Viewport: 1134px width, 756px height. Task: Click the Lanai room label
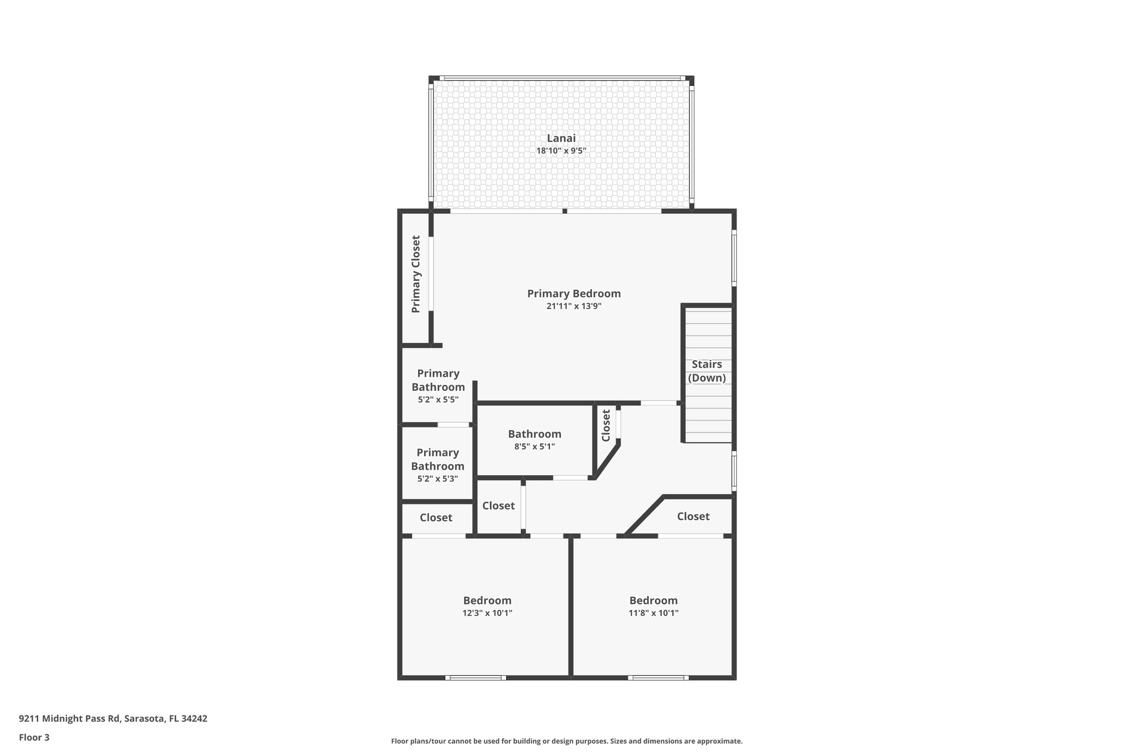pos(561,138)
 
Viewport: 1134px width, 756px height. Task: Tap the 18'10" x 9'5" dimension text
pos(561,151)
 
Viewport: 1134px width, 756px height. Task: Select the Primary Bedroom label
pos(574,294)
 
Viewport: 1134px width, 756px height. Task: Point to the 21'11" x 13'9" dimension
pos(574,306)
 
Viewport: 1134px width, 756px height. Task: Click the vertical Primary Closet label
pos(416,274)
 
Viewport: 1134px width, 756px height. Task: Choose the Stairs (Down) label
pos(707,371)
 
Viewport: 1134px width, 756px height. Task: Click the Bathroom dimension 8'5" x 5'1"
pos(534,446)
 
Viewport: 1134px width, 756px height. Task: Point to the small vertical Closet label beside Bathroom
pos(606,425)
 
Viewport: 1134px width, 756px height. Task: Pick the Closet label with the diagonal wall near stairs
pos(693,516)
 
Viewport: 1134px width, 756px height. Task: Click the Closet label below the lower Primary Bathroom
pos(436,517)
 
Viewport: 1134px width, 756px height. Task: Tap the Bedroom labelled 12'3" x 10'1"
pos(487,600)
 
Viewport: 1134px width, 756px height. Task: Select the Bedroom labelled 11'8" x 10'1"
pos(653,600)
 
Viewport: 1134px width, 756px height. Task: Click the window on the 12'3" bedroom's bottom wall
pos(475,677)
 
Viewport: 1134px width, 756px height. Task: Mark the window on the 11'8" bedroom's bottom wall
pos(658,677)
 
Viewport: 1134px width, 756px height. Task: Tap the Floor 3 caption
pos(34,737)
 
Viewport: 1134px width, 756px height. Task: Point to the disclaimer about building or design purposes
pos(566,741)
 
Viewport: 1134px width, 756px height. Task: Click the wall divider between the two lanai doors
pos(565,211)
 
